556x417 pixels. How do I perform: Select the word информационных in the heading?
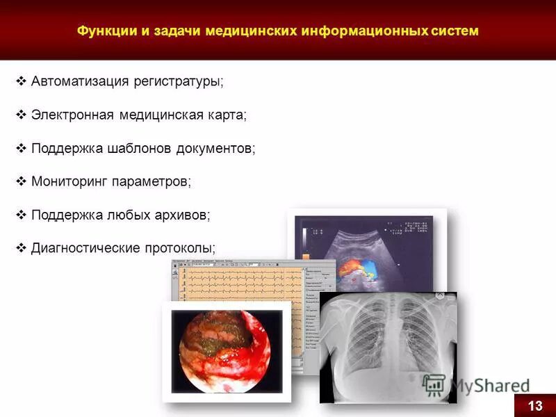click(361, 31)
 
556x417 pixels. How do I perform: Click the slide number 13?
click(534, 406)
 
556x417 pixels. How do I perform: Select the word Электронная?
click(72, 115)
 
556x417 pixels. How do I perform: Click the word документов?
click(216, 148)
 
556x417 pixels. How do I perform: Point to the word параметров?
click(152, 181)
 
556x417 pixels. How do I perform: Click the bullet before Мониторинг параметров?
click(21, 181)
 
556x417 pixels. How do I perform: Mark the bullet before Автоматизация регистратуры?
click(21, 82)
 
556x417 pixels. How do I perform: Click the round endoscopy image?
click(226, 352)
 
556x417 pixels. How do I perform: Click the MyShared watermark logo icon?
click(434, 384)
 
